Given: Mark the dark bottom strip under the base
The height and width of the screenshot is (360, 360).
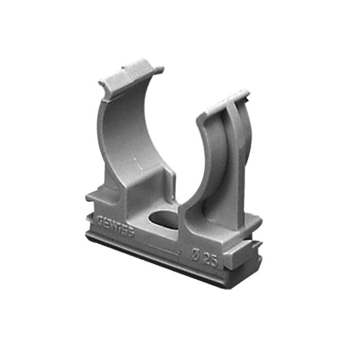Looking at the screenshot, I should point(154,260).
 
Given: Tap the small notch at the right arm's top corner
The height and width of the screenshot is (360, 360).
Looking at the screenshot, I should point(246,96).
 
